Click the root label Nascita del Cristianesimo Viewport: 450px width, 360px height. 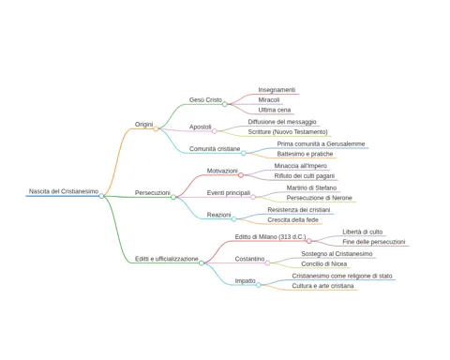(64, 191)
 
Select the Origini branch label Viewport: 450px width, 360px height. (143, 125)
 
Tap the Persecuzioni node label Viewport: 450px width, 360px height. (153, 193)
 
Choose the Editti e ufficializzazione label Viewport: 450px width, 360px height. (167, 259)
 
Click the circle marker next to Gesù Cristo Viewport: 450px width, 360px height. (225, 104)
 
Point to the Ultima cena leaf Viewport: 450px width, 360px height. (275, 110)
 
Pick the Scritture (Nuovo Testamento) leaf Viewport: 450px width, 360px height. (288, 132)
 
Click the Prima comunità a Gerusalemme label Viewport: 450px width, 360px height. (321, 143)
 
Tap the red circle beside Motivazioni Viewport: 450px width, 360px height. (241, 175)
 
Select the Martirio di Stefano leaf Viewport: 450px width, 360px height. (311, 187)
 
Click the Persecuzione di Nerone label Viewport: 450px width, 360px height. (320, 198)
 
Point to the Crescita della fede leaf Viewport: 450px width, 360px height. (292, 220)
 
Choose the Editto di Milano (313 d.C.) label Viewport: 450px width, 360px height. (270, 237)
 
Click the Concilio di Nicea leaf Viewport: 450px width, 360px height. (324, 264)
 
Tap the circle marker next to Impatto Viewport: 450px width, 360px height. (259, 285)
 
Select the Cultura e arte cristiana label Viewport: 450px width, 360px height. (322, 286)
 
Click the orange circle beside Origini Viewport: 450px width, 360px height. (156, 128)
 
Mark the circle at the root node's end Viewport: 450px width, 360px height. (101, 196)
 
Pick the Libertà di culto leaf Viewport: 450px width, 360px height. (363, 232)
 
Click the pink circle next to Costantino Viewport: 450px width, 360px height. (267, 263)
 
